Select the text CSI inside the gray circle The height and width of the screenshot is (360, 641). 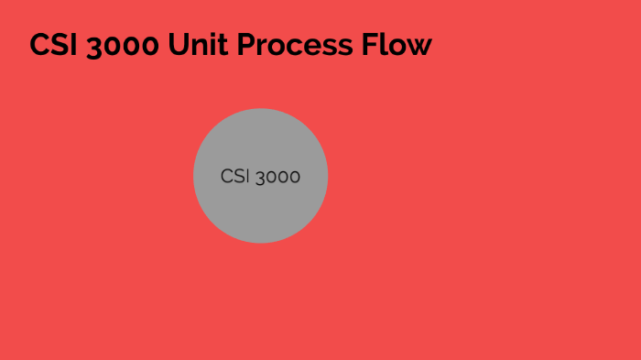[x=234, y=177]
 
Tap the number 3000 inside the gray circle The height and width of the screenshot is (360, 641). [x=277, y=177]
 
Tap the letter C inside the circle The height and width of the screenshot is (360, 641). [x=226, y=177]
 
